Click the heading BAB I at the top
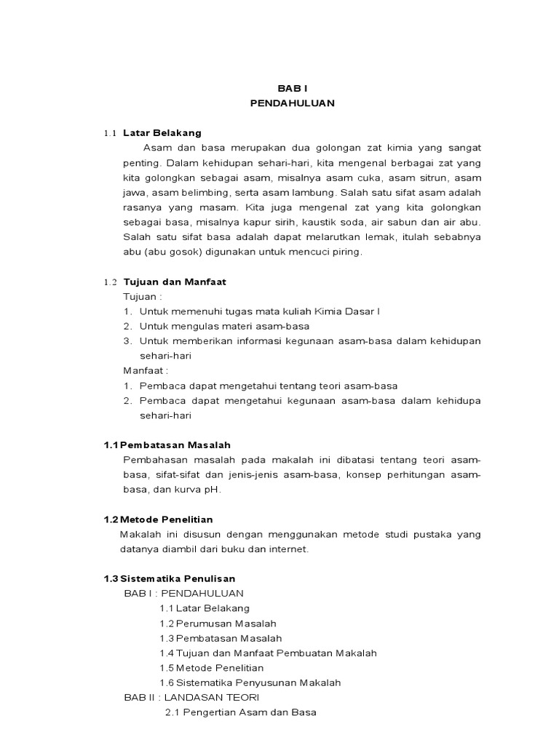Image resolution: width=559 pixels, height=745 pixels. coord(292,87)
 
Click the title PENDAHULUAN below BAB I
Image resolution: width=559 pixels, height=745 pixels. coord(292,103)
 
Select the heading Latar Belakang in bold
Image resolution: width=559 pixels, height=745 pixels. coord(162,133)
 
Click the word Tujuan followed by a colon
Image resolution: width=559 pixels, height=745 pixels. coord(143,296)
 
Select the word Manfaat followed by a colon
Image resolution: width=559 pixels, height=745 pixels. coord(146,370)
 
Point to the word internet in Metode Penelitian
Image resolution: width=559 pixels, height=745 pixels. coord(290,549)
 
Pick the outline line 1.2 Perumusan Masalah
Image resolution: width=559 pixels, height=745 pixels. coord(218,624)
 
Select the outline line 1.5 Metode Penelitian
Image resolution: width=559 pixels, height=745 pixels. coord(212,668)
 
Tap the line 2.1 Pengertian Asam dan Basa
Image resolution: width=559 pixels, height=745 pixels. coord(241,712)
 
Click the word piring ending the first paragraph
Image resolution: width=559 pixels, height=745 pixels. coord(346,252)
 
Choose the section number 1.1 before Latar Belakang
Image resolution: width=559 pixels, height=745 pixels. coord(110,134)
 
